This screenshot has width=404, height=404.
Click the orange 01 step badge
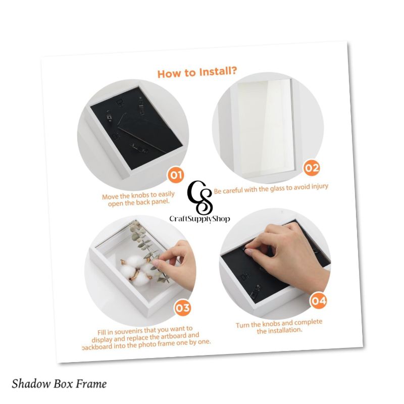[175, 175]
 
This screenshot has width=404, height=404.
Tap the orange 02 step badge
[311, 168]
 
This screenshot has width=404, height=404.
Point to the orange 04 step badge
[318, 301]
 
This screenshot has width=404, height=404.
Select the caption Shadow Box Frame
[59, 384]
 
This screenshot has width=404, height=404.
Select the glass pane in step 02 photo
[265, 126]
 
